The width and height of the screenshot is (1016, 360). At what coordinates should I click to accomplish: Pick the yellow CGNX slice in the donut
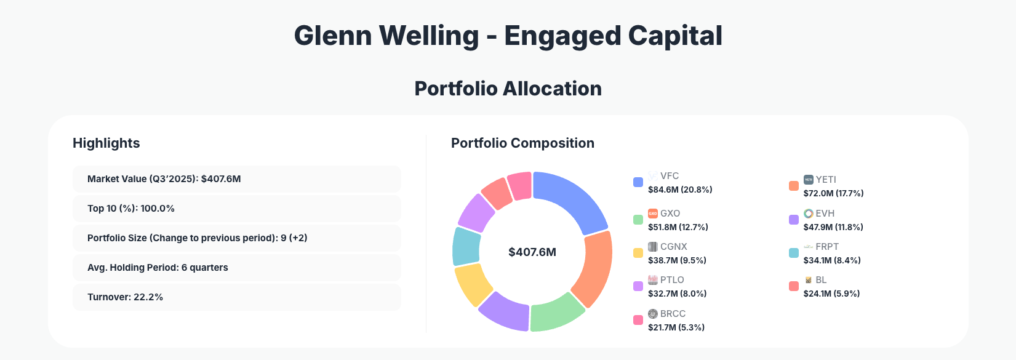(x=473, y=284)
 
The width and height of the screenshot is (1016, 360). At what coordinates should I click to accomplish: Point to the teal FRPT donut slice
(x=465, y=246)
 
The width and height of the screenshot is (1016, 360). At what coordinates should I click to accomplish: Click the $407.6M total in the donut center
(x=532, y=252)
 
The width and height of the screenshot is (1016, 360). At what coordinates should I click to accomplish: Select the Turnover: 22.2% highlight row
(x=236, y=297)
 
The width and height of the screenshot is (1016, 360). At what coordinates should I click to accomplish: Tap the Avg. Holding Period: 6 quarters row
(x=236, y=268)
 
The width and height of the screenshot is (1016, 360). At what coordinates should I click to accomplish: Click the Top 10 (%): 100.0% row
(x=236, y=209)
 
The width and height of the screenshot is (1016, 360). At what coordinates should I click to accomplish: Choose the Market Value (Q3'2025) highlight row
(x=236, y=179)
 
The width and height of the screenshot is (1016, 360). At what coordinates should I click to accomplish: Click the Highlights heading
(x=106, y=143)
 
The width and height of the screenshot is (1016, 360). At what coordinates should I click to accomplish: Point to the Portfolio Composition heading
(x=522, y=143)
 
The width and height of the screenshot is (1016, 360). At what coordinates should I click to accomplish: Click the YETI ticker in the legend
(x=826, y=180)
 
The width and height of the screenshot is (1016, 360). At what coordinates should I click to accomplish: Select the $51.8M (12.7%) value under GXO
(x=678, y=227)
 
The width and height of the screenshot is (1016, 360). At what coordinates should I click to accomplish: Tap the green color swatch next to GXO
(x=638, y=220)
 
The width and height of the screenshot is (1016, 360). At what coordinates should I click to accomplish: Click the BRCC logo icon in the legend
(x=653, y=314)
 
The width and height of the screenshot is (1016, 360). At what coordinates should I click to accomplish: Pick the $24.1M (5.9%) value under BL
(x=831, y=294)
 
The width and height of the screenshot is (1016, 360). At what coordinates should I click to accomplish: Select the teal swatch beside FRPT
(x=794, y=253)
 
